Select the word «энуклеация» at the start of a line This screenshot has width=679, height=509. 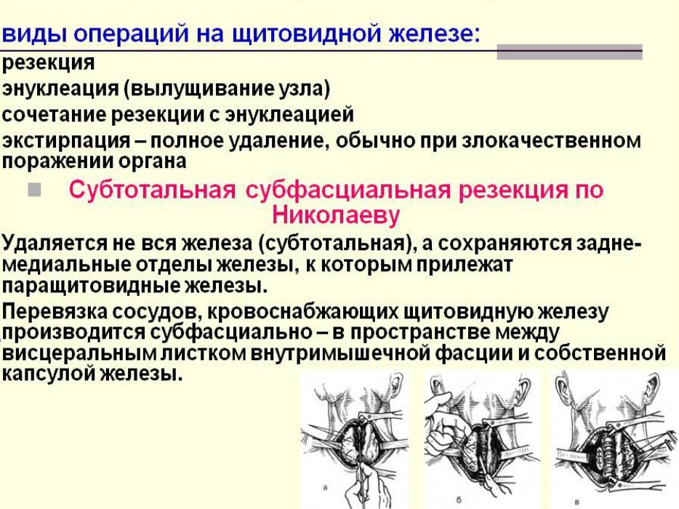tap(60, 89)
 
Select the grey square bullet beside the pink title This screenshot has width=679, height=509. tap(34, 190)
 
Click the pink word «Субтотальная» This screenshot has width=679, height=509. tap(153, 191)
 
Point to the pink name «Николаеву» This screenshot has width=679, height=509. tap(336, 215)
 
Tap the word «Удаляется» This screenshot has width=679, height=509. tap(54, 244)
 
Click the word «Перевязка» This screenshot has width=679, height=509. tap(55, 311)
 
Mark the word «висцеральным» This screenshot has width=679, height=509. tap(79, 353)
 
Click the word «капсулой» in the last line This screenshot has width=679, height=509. tap(49, 374)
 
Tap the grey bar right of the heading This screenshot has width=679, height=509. tap(569, 52)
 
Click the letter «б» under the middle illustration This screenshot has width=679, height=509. tap(459, 500)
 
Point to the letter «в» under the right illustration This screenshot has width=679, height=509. tap(576, 502)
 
